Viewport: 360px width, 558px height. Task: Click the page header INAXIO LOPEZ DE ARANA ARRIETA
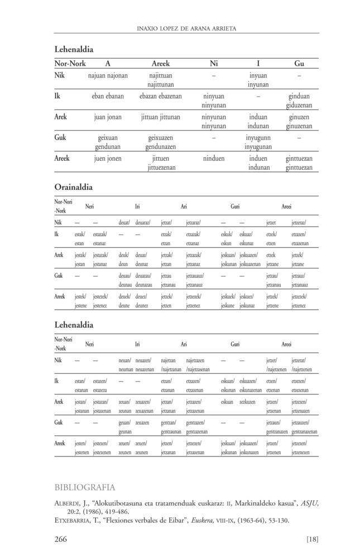pyautogui.click(x=186, y=27)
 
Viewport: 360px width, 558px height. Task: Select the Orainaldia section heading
pyautogui.click(x=73, y=186)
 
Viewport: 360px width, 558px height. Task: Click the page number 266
pyautogui.click(x=61, y=538)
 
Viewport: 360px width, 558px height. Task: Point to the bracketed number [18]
pyautogui.click(x=312, y=538)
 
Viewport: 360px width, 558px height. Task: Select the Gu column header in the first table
pyautogui.click(x=299, y=64)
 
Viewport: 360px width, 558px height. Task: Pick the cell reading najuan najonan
pyautogui.click(x=108, y=75)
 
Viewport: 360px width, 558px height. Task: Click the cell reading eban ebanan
pyautogui.click(x=108, y=96)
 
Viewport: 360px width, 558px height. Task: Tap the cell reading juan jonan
pyautogui.click(x=108, y=117)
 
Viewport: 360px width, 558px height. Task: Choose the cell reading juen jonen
pyautogui.click(x=108, y=158)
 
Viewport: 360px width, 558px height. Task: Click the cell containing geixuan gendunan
pyautogui.click(x=109, y=142)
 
